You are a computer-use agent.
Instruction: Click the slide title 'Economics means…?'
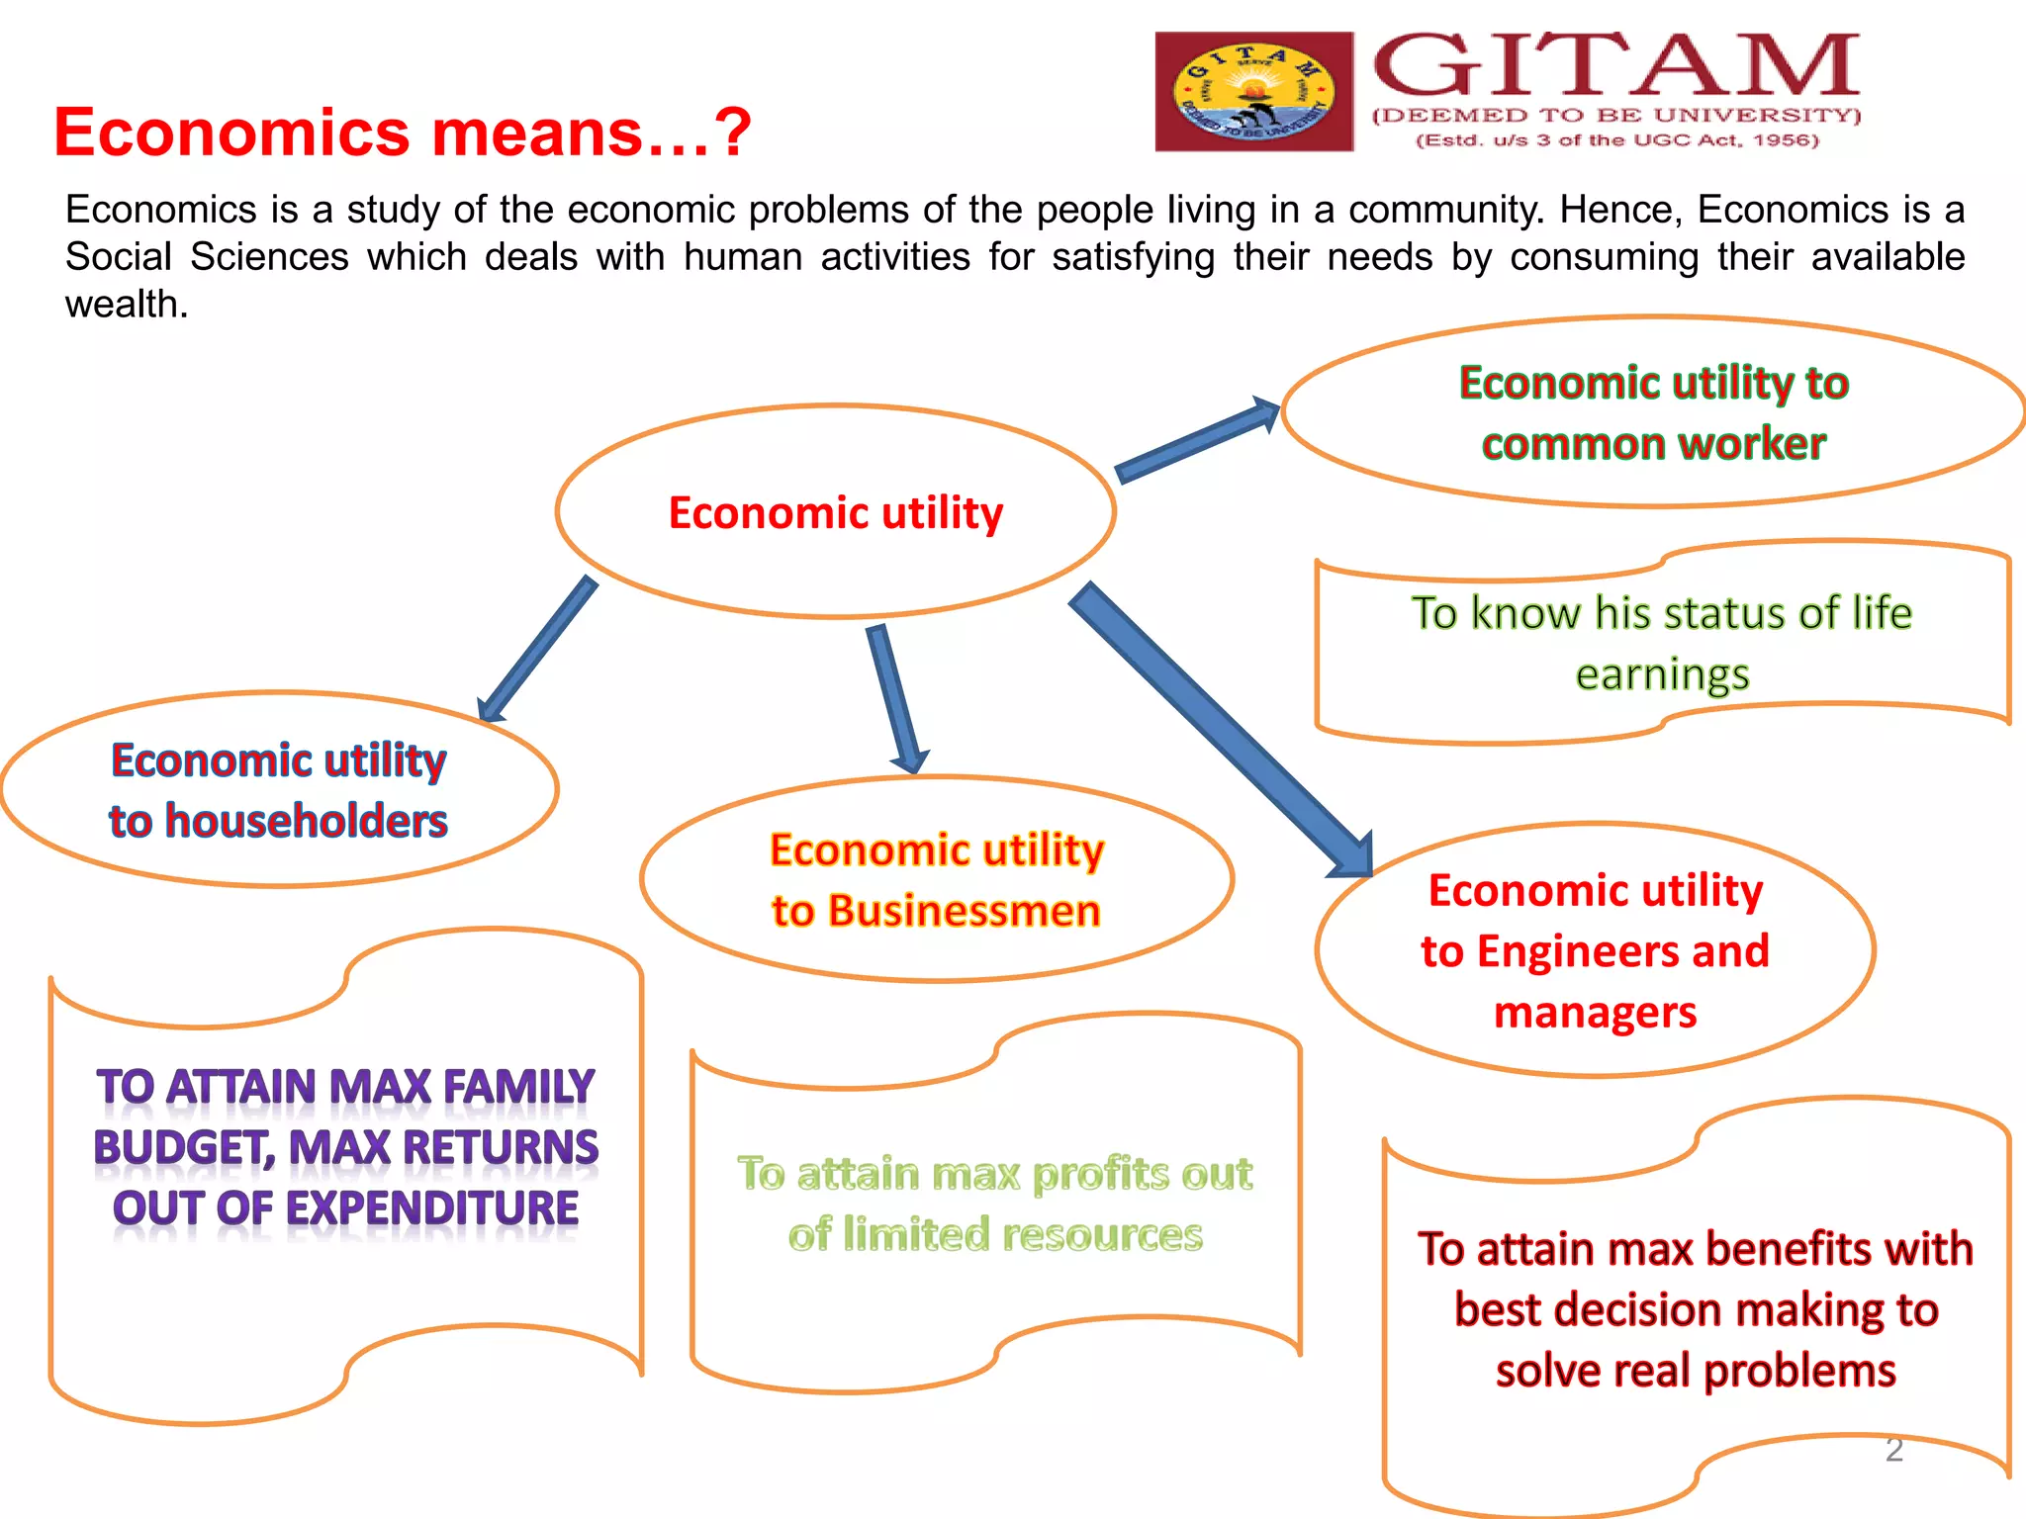tap(402, 133)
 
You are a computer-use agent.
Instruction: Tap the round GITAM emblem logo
tap(1253, 92)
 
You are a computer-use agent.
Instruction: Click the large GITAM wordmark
tap(1616, 66)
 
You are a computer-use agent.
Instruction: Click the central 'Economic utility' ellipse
tap(836, 512)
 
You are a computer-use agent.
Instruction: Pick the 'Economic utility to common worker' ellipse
tap(1653, 412)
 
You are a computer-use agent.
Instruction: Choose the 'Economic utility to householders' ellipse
tap(278, 790)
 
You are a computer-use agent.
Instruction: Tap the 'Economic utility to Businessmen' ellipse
tap(936, 879)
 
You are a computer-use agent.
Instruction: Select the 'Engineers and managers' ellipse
tap(1595, 950)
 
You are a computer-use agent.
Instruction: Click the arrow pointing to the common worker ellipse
tap(1197, 440)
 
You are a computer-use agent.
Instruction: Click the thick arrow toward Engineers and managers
tap(1222, 727)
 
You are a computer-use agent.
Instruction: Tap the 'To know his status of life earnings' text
tap(1662, 643)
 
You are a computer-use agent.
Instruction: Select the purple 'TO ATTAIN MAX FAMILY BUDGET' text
tap(345, 1147)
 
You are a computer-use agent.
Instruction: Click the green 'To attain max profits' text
tap(995, 1204)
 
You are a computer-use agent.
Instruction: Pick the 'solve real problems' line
tap(1696, 1372)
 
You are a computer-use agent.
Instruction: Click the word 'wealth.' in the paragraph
tap(127, 305)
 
